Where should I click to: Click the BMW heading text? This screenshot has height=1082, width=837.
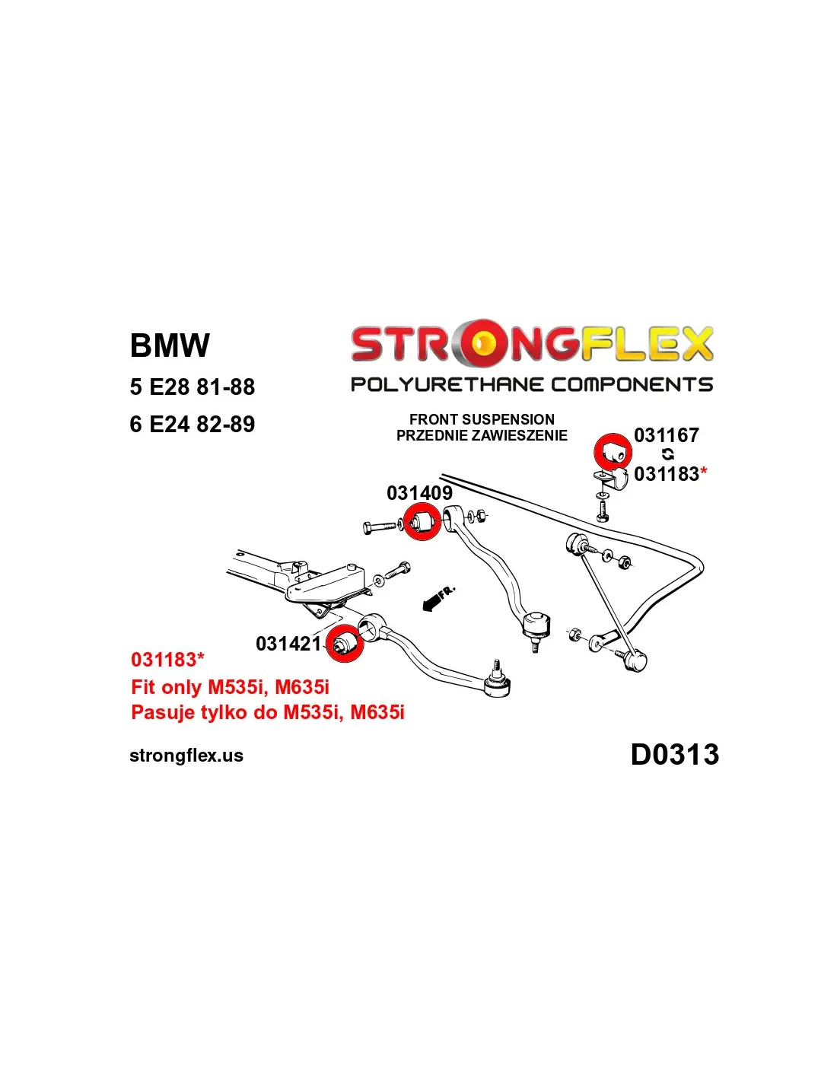[x=169, y=345]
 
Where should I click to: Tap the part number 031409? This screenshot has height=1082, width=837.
[x=419, y=493]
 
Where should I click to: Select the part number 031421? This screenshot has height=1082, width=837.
[x=288, y=644]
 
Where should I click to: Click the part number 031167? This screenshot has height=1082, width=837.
[x=666, y=435]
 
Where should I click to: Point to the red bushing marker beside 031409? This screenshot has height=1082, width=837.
[x=421, y=522]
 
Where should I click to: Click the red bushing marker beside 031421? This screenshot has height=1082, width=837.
[x=344, y=643]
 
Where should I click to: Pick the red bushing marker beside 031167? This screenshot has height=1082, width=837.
[x=613, y=452]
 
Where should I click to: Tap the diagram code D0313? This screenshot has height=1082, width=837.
[x=674, y=754]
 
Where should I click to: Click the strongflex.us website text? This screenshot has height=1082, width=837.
[x=186, y=756]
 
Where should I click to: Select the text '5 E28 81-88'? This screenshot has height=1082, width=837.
[x=192, y=387]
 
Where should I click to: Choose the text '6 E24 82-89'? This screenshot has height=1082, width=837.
[x=192, y=424]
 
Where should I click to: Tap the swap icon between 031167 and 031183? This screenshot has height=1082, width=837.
[x=667, y=454]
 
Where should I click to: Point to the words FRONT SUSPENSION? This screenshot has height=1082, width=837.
[x=482, y=419]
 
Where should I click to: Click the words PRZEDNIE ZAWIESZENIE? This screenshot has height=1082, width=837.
[x=482, y=435]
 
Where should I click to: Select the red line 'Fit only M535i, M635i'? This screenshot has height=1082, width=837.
[x=230, y=687]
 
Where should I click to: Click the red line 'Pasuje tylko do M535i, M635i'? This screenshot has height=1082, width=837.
[x=267, y=712]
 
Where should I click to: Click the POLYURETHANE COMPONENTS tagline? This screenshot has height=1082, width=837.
[x=531, y=384]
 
